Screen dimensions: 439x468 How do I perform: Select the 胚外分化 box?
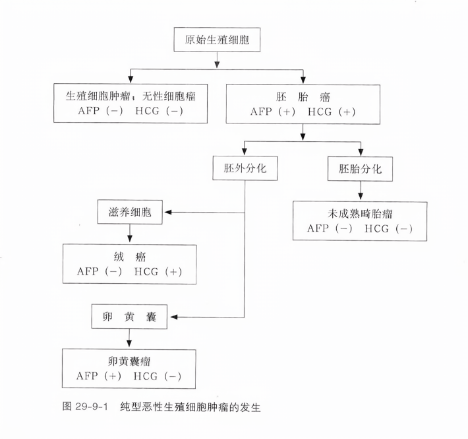(x=245, y=168)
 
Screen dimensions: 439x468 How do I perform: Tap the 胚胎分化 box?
(x=360, y=168)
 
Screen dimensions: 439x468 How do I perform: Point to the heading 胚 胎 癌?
(x=303, y=96)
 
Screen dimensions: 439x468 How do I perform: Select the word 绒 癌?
(x=129, y=257)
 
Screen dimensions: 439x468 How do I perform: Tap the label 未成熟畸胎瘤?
(x=360, y=214)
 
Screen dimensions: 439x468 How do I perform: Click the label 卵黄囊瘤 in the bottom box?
(x=129, y=362)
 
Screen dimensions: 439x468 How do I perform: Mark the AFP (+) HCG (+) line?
(x=303, y=111)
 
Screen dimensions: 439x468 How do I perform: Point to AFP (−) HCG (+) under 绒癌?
(x=129, y=271)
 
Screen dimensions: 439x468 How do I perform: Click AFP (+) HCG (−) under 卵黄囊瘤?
(x=129, y=376)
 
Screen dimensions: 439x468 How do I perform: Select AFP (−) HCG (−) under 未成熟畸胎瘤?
(x=360, y=228)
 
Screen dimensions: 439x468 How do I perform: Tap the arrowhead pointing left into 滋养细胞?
(x=167, y=212)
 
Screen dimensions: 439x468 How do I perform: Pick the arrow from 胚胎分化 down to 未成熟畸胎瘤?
(x=360, y=191)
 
